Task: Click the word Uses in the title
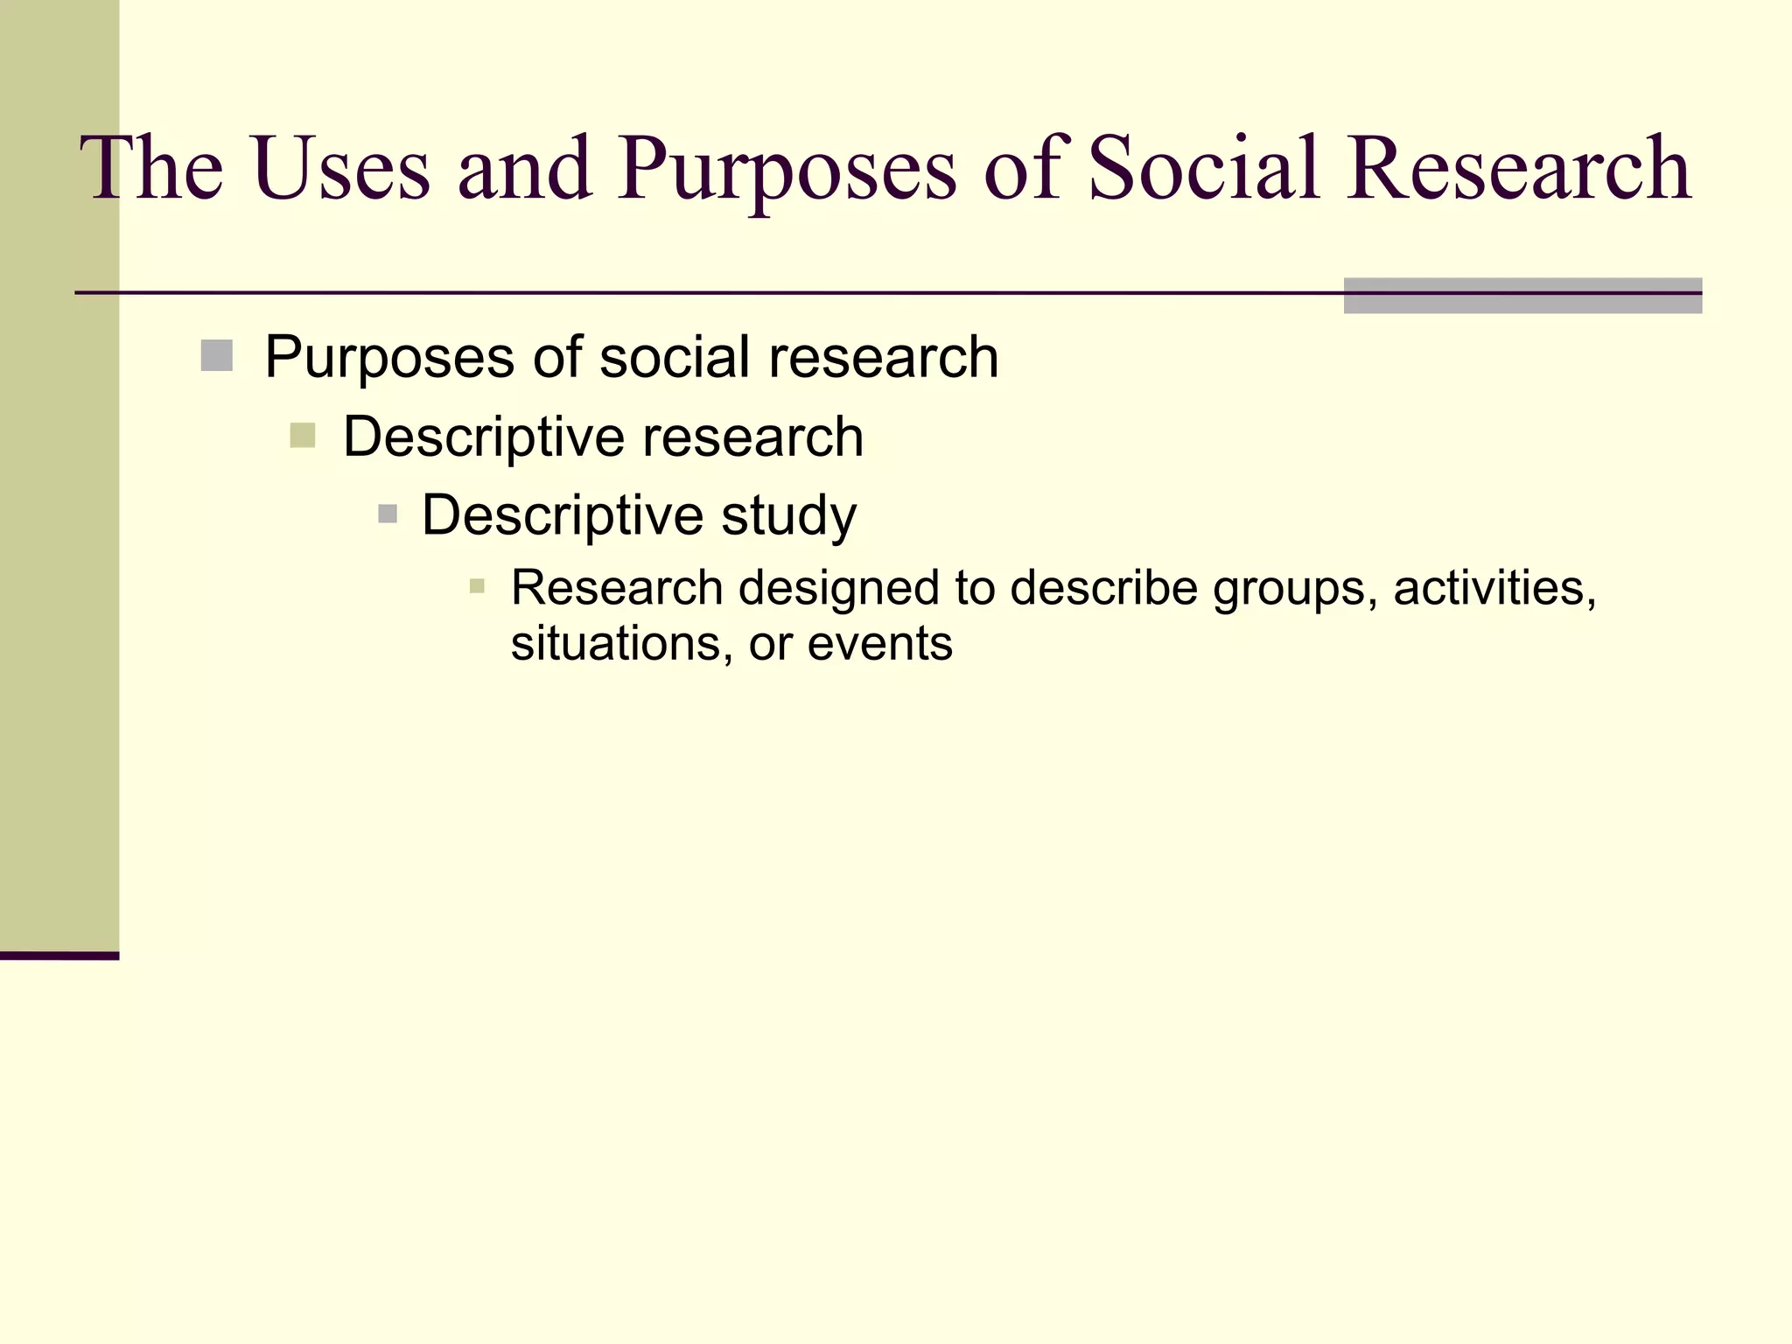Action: pos(342,168)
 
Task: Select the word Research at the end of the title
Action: pos(1518,168)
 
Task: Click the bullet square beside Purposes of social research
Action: pos(216,356)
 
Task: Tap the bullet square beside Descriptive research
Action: pos(302,435)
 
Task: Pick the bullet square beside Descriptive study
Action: pos(388,514)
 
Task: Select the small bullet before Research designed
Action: pos(477,586)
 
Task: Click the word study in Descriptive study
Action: pos(788,515)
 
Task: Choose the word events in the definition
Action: pos(879,644)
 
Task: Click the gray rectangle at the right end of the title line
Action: pos(1522,296)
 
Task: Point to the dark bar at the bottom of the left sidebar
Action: pos(59,955)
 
